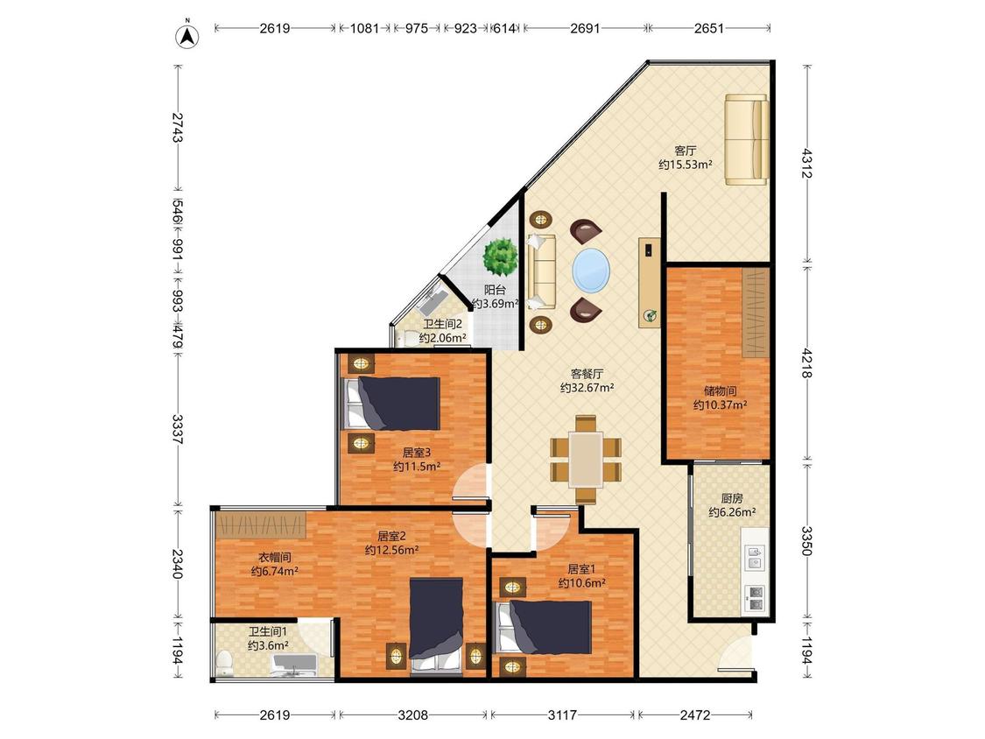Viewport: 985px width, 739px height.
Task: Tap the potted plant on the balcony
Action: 500,257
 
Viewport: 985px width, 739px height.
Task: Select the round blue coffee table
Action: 590,271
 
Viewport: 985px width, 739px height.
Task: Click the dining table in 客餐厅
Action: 586,460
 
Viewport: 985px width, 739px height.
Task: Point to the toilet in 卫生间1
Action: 223,663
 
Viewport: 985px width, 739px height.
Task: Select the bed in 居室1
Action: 544,628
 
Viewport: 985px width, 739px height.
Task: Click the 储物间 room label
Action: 720,391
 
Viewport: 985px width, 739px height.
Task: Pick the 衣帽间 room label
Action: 275,558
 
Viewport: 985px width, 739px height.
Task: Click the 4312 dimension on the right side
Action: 807,164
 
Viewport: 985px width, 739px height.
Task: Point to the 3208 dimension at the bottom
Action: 412,714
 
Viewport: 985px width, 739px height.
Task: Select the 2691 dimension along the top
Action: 585,28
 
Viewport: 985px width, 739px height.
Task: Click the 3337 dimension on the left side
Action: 177,429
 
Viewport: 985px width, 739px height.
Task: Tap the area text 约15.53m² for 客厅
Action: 685,165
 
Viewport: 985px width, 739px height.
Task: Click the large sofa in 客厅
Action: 746,139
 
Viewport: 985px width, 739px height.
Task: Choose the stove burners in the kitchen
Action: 755,599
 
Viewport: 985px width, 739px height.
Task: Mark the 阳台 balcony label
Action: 495,291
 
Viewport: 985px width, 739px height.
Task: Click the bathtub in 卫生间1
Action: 294,665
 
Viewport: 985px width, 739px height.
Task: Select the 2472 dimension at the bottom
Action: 695,714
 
